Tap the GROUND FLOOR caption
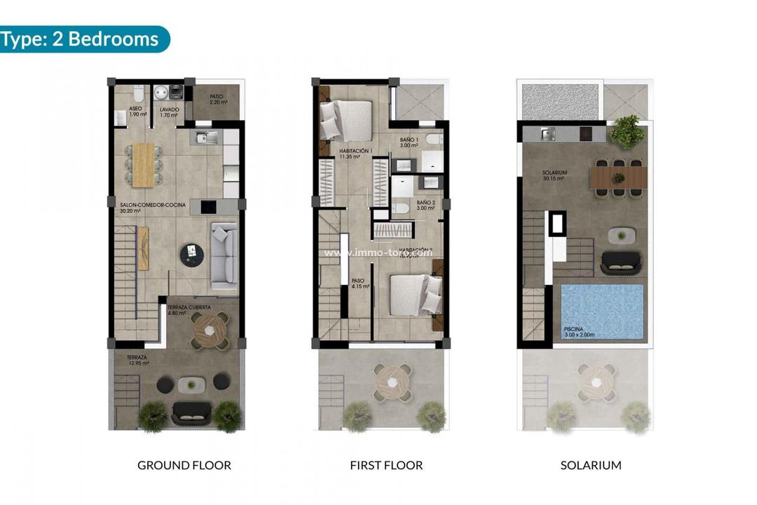(184, 465)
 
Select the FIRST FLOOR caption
(386, 465)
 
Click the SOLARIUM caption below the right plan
(590, 465)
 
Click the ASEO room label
(137, 111)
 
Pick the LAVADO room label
(170, 111)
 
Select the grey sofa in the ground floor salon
(224, 256)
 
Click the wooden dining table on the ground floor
(143, 165)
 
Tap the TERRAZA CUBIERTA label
(186, 309)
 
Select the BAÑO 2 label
(426, 205)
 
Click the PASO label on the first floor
(359, 283)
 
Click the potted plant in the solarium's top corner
(627, 130)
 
